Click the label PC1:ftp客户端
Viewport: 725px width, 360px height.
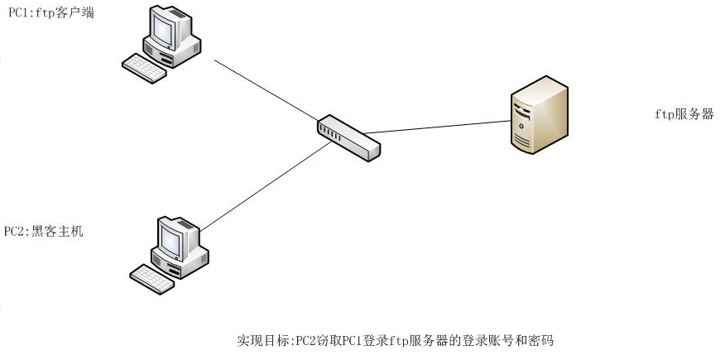tap(50, 13)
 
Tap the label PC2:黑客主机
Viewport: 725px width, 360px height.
tap(44, 231)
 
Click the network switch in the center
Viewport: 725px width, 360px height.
tap(348, 137)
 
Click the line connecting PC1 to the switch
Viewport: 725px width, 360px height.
tap(265, 91)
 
